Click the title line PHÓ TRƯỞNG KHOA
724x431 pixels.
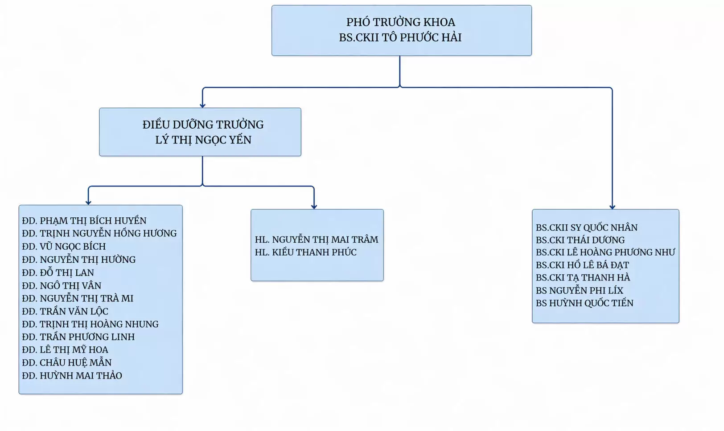click(x=401, y=22)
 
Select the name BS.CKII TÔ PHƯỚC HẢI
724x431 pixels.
click(x=400, y=37)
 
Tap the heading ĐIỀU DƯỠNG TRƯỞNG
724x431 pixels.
click(x=203, y=125)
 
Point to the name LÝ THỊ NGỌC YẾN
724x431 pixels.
click(x=203, y=140)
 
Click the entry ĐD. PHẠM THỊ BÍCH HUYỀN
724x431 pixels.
click(x=84, y=221)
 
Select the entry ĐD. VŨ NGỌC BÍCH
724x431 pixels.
click(x=64, y=247)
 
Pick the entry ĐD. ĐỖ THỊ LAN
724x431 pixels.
click(x=58, y=273)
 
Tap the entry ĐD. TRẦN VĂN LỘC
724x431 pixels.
click(x=65, y=311)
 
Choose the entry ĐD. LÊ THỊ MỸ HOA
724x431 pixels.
click(x=65, y=350)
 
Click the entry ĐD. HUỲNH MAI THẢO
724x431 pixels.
click(x=72, y=376)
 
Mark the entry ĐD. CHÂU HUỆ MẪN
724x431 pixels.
click(x=66, y=363)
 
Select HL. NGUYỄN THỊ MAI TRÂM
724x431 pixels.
click(x=317, y=240)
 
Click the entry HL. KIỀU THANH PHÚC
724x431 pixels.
click(x=305, y=252)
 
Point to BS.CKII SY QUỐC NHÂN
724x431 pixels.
click(x=587, y=228)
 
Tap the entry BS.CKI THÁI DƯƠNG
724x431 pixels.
click(x=580, y=240)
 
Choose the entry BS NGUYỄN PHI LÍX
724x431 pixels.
click(x=579, y=291)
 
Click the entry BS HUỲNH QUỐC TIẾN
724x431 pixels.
click(x=584, y=303)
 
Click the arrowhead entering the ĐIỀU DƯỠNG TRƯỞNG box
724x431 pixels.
click(x=203, y=106)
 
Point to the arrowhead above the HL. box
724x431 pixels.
click(x=314, y=207)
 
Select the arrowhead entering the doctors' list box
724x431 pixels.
click(x=612, y=207)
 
